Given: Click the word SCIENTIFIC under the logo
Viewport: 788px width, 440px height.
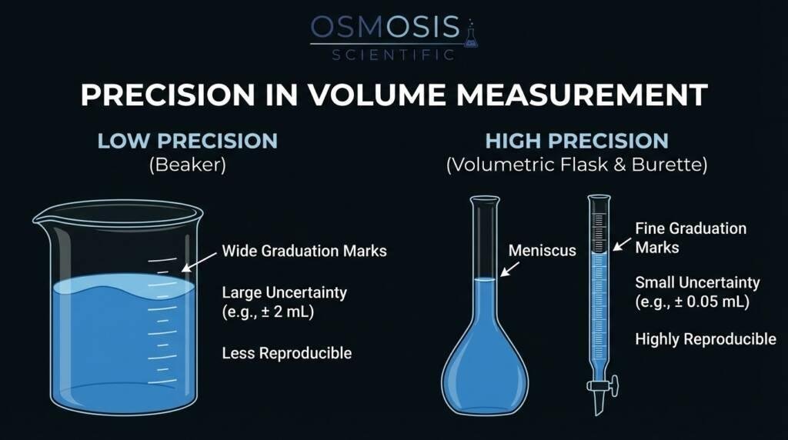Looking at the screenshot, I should pyautogui.click(x=393, y=55).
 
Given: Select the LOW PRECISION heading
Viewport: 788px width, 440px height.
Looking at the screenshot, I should pyautogui.click(x=187, y=141).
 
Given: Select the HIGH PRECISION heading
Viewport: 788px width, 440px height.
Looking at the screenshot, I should pyautogui.click(x=576, y=141).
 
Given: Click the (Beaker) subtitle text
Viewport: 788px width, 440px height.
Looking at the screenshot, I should pyautogui.click(x=187, y=165).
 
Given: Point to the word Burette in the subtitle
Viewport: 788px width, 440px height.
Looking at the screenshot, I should pyautogui.click(x=669, y=165).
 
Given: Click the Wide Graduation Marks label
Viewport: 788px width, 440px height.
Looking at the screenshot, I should pyautogui.click(x=304, y=251).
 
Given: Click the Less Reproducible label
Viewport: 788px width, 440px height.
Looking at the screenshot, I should pyautogui.click(x=286, y=353).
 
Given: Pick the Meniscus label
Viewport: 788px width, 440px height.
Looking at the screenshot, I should pyautogui.click(x=542, y=251).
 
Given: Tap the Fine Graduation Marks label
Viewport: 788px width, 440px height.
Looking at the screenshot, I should pyautogui.click(x=690, y=238).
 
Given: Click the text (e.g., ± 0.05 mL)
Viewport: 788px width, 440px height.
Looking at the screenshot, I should pyautogui.click(x=692, y=302).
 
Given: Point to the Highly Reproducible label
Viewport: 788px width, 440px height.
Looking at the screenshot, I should pyautogui.click(x=705, y=339).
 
